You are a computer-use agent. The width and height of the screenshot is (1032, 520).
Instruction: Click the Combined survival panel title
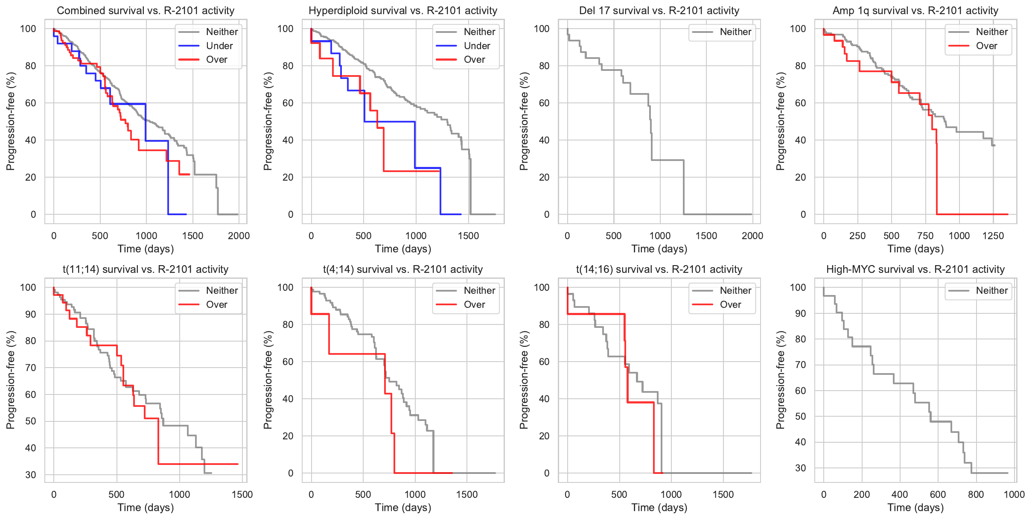(x=146, y=11)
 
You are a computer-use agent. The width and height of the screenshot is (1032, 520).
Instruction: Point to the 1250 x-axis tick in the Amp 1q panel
(x=993, y=236)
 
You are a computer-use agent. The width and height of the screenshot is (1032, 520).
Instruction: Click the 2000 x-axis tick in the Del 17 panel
(x=752, y=236)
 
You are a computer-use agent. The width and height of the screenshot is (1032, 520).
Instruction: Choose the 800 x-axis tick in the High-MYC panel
(x=976, y=495)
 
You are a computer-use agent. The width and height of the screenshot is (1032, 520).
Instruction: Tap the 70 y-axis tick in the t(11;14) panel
(x=31, y=368)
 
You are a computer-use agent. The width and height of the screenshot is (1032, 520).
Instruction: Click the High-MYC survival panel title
(x=915, y=269)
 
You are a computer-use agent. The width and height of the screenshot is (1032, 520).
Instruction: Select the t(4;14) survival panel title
(x=402, y=269)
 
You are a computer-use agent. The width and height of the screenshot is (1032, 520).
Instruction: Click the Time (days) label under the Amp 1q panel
(x=915, y=249)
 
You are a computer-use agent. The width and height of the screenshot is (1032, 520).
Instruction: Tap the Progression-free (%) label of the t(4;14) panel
(x=268, y=380)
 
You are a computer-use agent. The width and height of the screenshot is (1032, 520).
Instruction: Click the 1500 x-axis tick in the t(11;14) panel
(x=242, y=495)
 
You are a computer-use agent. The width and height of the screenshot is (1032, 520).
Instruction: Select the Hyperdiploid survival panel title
(x=402, y=11)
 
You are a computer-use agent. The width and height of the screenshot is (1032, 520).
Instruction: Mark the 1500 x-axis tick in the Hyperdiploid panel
(x=468, y=236)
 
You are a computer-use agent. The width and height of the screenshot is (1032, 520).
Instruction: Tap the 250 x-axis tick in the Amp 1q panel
(x=857, y=236)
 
